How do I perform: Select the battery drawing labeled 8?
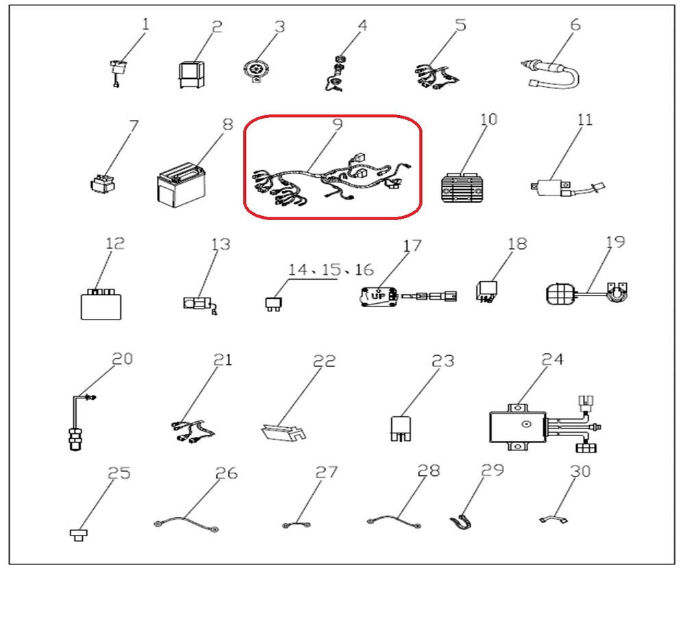point(181,185)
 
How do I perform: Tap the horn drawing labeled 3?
point(255,71)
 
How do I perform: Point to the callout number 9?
point(337,124)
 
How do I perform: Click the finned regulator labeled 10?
point(464,188)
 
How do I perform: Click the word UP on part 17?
point(377,296)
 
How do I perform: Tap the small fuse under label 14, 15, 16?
point(273,304)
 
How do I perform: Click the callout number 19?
point(615,242)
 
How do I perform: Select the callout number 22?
point(324,361)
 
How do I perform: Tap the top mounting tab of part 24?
point(518,408)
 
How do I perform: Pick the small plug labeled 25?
point(79,534)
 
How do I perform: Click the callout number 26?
point(226,472)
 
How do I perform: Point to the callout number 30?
point(580,471)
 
